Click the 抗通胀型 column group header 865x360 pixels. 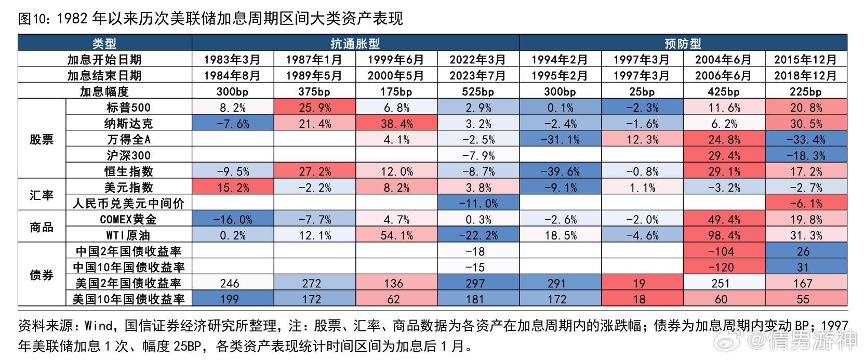(x=355, y=43)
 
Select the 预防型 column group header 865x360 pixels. (x=683, y=43)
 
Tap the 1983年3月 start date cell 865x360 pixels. (x=232, y=60)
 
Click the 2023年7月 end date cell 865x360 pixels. (x=477, y=75)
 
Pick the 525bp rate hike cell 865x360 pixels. (x=477, y=91)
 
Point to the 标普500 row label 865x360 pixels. (x=129, y=108)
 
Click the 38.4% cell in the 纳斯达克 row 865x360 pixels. (x=396, y=124)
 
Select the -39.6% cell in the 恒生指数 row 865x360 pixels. (x=561, y=171)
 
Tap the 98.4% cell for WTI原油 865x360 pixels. (x=724, y=235)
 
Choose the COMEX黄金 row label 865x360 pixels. (x=128, y=219)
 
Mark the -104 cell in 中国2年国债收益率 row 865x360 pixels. (x=721, y=251)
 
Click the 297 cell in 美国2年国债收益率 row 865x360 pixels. (x=475, y=283)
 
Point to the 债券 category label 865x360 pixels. (x=42, y=275)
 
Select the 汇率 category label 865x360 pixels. (x=42, y=195)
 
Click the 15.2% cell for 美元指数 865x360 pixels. (x=233, y=188)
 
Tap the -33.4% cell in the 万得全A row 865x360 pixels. (x=806, y=139)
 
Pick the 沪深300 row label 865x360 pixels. (x=129, y=155)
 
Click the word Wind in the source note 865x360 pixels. (x=98, y=326)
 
